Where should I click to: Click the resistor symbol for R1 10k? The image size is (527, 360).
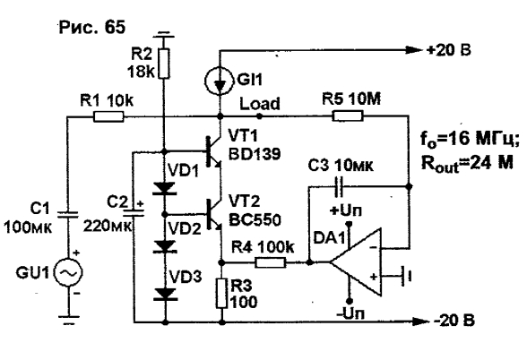[108, 116]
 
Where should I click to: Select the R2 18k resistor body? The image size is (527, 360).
[164, 64]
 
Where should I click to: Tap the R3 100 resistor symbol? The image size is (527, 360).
[221, 293]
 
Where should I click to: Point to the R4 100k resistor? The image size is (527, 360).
[271, 262]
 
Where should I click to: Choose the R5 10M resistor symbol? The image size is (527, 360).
[348, 116]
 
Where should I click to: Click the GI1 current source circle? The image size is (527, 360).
[220, 81]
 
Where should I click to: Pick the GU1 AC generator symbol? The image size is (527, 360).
[68, 272]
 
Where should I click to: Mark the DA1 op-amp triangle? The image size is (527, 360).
[356, 262]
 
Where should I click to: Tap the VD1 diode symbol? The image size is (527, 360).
[164, 188]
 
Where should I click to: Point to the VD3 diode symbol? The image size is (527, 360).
[164, 294]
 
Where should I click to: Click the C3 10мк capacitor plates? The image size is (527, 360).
[339, 186]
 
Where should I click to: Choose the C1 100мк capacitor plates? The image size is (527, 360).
[67, 215]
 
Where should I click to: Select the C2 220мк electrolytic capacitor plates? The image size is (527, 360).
[134, 213]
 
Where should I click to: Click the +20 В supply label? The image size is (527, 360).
[449, 50]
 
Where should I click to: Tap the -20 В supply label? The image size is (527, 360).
[454, 321]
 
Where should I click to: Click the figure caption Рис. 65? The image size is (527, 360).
[92, 27]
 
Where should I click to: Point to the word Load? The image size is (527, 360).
[260, 104]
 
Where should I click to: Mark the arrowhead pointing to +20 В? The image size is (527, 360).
[414, 50]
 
